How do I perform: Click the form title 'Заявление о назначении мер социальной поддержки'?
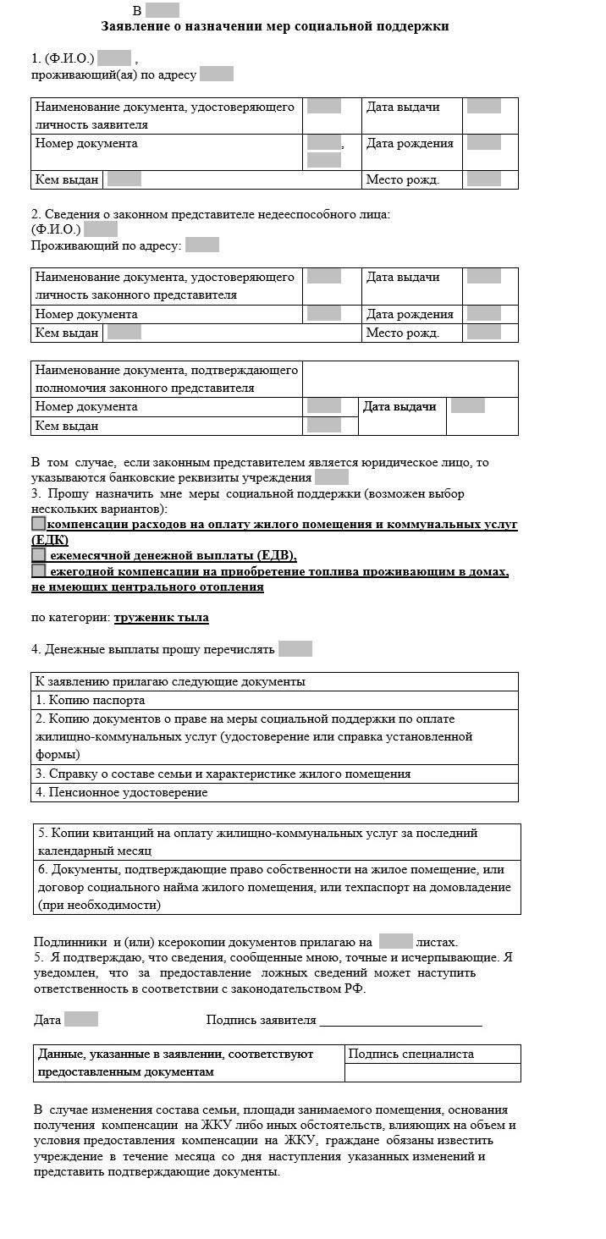(x=275, y=27)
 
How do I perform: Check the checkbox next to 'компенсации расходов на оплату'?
(x=38, y=524)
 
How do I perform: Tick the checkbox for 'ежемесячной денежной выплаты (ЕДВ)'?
(x=38, y=555)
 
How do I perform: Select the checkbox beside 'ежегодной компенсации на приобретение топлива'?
(x=38, y=571)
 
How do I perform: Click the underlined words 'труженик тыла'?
(x=161, y=618)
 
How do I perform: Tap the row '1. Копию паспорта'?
(x=274, y=700)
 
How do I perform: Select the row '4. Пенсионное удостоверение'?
(x=274, y=793)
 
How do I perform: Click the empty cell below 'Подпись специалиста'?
(x=432, y=1072)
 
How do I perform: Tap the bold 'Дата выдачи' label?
(x=399, y=407)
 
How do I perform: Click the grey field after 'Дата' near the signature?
(x=81, y=1019)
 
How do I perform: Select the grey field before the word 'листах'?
(x=395, y=941)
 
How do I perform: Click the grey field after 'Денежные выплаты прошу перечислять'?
(x=295, y=649)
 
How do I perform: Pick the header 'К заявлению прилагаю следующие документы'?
(x=274, y=681)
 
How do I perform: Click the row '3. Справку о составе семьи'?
(x=274, y=774)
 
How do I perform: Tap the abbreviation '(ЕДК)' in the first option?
(x=50, y=540)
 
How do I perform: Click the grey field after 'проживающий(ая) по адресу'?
(x=217, y=74)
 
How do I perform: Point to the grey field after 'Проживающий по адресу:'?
(x=202, y=245)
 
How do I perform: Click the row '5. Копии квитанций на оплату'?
(x=277, y=841)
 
